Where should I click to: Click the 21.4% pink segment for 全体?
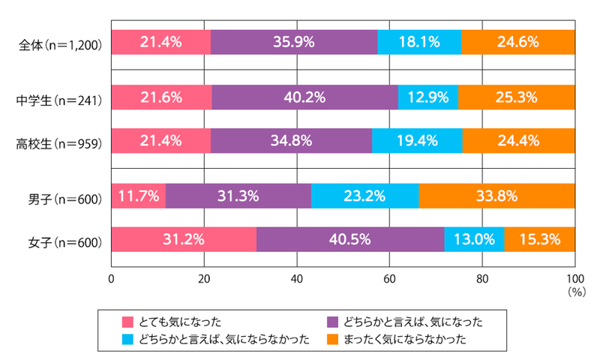[160, 43]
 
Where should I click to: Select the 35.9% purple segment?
[294, 43]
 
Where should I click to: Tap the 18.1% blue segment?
[419, 43]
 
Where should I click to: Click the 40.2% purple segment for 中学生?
[305, 97]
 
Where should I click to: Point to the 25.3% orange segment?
[517, 97]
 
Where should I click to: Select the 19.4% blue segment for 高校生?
[417, 140]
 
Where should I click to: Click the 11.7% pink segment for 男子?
[138, 196]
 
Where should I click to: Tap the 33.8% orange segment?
[496, 196]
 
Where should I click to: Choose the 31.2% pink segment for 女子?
[184, 240]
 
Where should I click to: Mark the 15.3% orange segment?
[539, 240]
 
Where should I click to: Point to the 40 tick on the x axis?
[296, 280]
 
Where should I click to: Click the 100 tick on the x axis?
[574, 280]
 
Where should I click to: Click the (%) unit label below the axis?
[576, 289]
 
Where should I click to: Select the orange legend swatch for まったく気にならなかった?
[334, 339]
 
